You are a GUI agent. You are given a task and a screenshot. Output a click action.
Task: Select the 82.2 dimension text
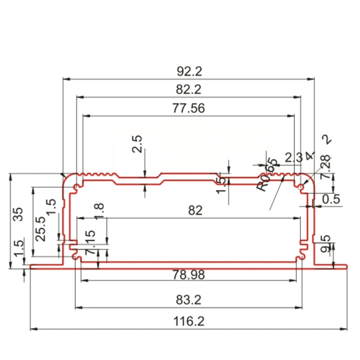pyautogui.click(x=189, y=90)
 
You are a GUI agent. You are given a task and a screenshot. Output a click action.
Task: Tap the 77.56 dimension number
pyautogui.click(x=189, y=108)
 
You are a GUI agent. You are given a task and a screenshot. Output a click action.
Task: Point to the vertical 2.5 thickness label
pyautogui.click(x=137, y=144)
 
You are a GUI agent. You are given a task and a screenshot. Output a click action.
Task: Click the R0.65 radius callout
pyautogui.click(x=267, y=175)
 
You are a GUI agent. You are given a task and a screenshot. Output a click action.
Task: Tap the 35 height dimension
pyautogui.click(x=18, y=214)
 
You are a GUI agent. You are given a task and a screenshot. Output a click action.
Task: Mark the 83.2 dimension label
pyautogui.click(x=189, y=300)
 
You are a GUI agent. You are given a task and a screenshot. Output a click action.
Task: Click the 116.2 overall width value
pyautogui.click(x=189, y=322)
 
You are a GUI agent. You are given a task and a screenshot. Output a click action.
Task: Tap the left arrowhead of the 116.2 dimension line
pyautogui.click(x=33, y=329)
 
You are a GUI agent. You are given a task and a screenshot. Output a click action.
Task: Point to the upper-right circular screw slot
pyautogui.click(x=301, y=186)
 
